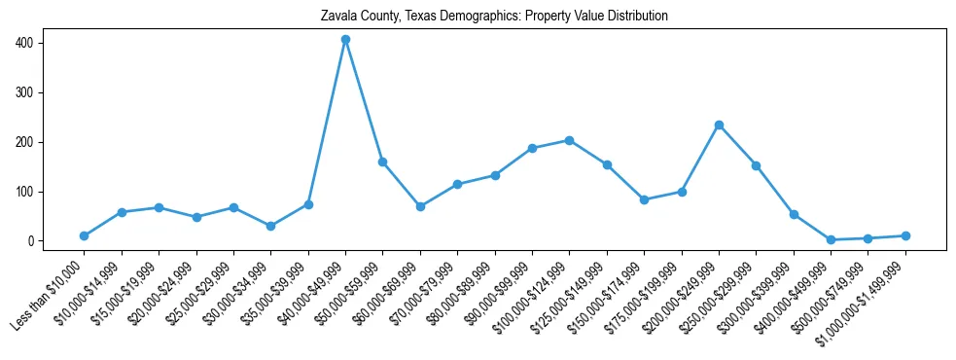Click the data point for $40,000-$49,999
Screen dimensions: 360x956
point(345,40)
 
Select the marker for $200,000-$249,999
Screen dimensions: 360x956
point(719,126)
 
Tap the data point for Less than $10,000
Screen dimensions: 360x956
point(85,236)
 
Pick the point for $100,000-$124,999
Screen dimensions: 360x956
point(569,140)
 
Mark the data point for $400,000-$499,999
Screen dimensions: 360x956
point(831,240)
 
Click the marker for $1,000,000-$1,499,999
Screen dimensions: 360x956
point(905,236)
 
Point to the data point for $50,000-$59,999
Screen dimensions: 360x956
point(383,162)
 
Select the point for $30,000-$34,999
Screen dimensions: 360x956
point(271,227)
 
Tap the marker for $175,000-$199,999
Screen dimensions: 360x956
point(682,192)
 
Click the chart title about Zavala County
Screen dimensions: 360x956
point(494,17)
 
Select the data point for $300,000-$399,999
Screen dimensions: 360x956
point(794,215)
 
